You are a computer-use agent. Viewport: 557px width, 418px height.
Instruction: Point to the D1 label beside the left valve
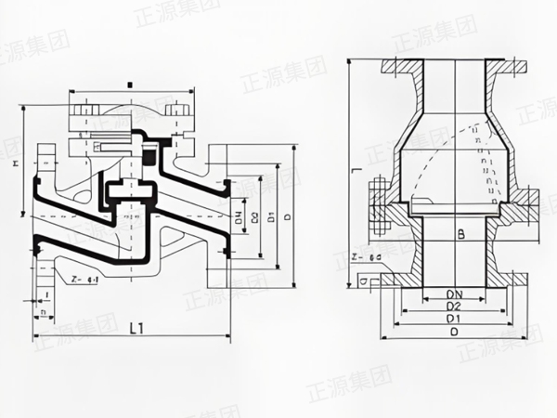tap(268, 220)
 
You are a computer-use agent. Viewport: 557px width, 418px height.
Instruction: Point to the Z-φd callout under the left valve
tap(84, 278)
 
